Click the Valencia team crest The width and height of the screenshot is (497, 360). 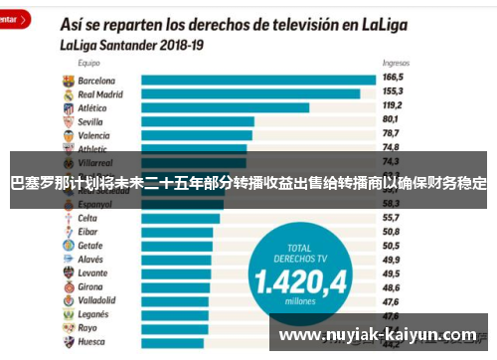[x=67, y=134]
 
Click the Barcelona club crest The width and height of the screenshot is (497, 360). [x=67, y=80]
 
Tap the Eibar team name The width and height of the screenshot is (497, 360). [x=89, y=231]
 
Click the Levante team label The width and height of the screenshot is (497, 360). [x=93, y=271]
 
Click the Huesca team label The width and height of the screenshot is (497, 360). [x=92, y=340]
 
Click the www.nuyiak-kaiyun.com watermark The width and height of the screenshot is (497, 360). [x=378, y=335]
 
